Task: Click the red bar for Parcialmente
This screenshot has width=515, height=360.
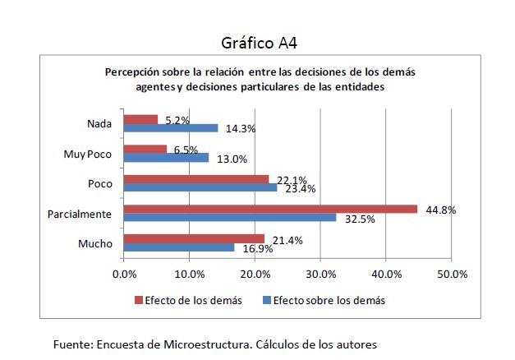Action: pos(270,209)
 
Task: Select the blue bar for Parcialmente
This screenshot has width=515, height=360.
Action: pos(230,218)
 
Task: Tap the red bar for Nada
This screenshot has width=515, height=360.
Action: pos(140,119)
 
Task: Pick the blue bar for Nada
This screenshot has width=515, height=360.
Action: pos(171,128)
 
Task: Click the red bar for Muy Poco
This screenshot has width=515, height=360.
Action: pos(145,149)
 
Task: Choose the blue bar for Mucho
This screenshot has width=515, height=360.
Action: pos(179,247)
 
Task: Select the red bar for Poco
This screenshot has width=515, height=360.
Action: pos(196,178)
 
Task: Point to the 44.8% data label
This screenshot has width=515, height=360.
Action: pos(440,210)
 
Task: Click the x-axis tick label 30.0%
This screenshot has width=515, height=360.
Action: pos(320,274)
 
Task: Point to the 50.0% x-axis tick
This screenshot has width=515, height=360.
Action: pos(452,274)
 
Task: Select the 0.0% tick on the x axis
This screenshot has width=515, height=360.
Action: pos(123,274)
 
